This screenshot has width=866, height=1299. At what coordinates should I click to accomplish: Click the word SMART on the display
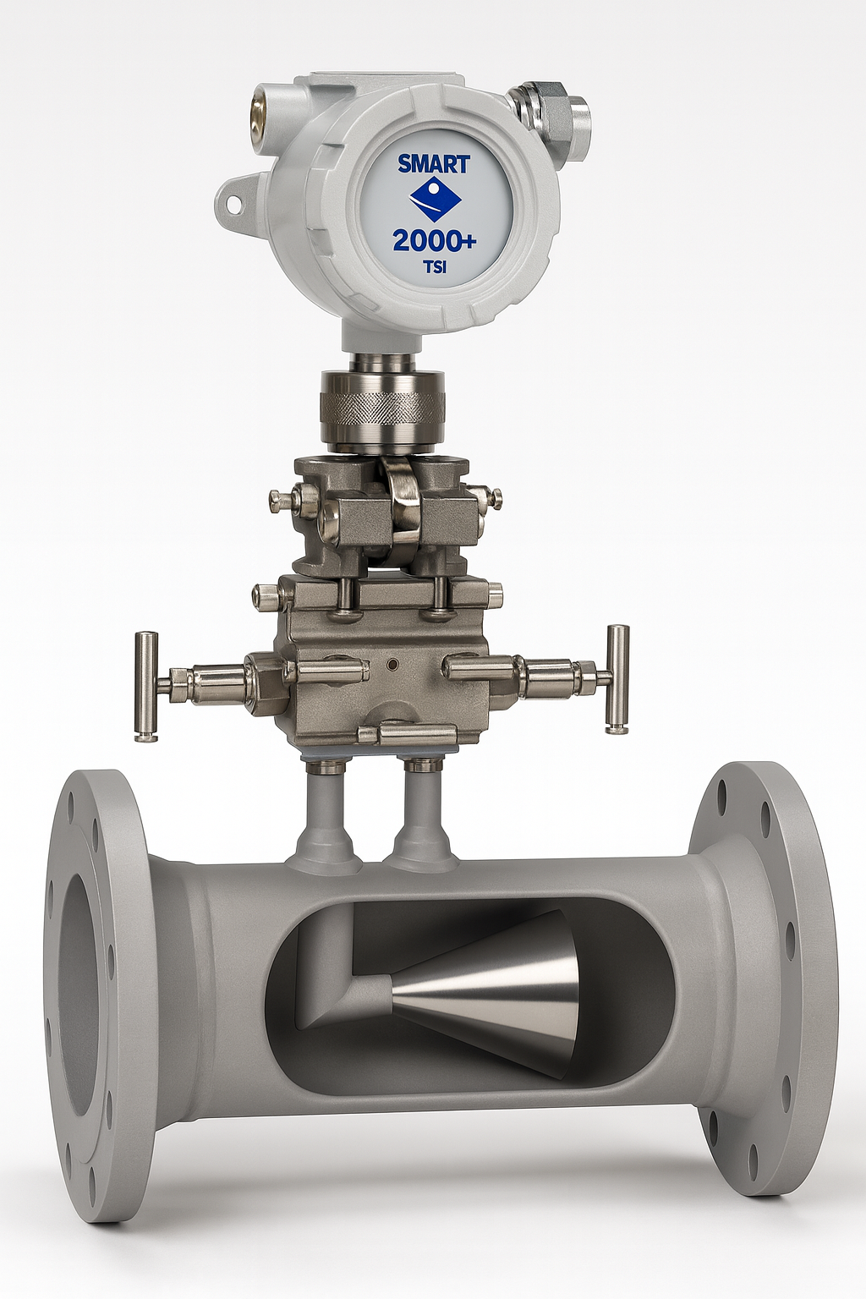(433, 163)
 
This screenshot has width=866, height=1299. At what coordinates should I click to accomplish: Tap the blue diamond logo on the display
(434, 200)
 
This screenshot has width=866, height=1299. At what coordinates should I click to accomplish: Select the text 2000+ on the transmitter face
(434, 241)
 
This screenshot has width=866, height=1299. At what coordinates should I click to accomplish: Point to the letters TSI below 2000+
(434, 268)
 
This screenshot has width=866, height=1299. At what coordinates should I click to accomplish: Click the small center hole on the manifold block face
(392, 665)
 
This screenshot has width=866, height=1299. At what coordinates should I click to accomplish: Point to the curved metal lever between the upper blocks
(401, 499)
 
